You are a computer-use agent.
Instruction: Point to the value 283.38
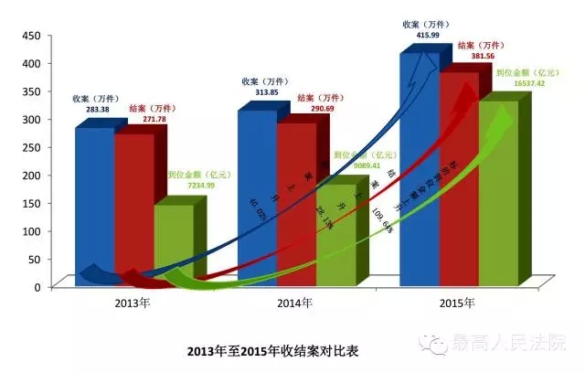coord(91,109)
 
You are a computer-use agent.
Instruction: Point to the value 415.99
coord(417,34)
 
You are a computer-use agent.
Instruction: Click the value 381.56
coord(474,55)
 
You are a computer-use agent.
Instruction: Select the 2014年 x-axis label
coord(292,303)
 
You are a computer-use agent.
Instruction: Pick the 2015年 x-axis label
coord(453,303)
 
